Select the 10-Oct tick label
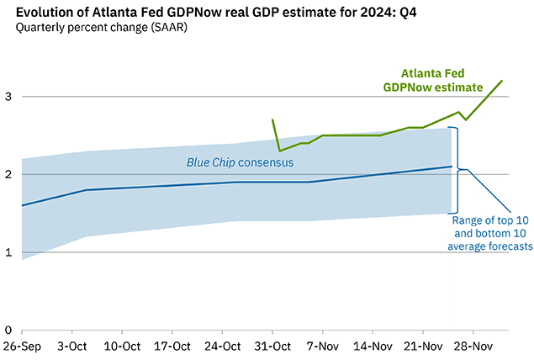pyautogui.click(x=122, y=346)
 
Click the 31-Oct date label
pyautogui.click(x=273, y=346)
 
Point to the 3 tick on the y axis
pyautogui.click(x=8, y=97)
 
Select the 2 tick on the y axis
pyautogui.click(x=8, y=174)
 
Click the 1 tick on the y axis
pyautogui.click(x=8, y=252)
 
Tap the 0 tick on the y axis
pyautogui.click(x=8, y=330)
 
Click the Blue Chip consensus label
pyautogui.click(x=239, y=160)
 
